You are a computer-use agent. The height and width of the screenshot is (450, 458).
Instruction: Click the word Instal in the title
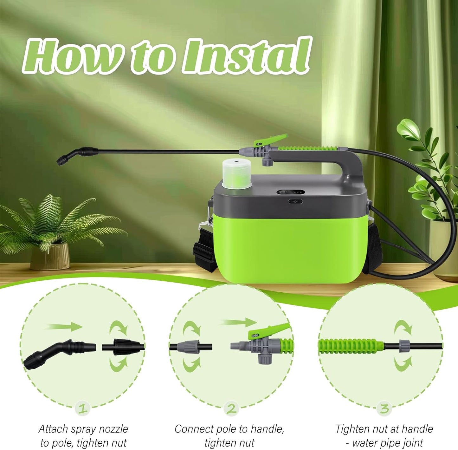coord(246,56)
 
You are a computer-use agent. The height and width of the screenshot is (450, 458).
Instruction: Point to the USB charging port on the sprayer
coord(295,201)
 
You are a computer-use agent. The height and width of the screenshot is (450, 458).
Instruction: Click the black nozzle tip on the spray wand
coord(62,160)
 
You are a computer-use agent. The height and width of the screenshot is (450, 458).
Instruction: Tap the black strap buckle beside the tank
coord(202,249)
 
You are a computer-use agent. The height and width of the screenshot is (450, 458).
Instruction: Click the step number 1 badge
coord(83,408)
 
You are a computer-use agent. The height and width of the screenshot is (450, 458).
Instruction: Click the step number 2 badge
coord(231,408)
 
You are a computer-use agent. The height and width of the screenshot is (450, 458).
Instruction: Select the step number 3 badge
coord(384,408)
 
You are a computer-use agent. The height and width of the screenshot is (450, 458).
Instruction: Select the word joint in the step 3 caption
coord(411,443)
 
